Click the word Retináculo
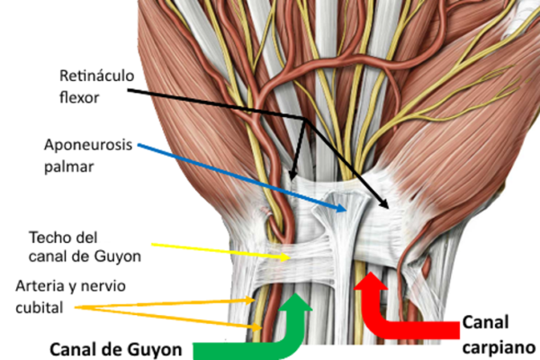click(97, 76)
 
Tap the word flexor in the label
click(79, 97)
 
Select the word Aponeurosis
click(88, 146)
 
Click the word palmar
click(69, 167)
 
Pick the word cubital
click(40, 307)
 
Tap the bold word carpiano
click(499, 348)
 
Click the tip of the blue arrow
click(346, 211)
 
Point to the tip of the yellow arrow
click(290, 257)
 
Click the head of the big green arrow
click(295, 301)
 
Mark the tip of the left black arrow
click(292, 180)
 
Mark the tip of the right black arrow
click(389, 208)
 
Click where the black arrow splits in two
click(305, 120)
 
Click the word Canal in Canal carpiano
click(485, 323)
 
